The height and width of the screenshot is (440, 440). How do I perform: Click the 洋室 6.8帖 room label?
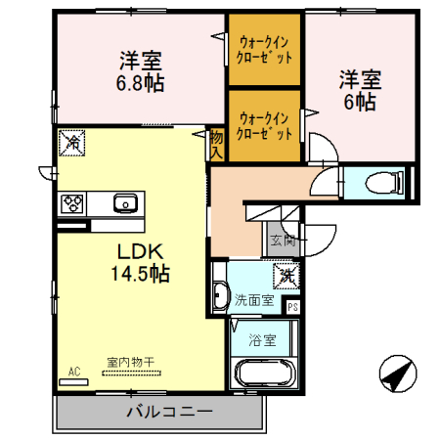click(141, 70)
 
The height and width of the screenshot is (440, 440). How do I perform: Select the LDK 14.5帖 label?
click(140, 262)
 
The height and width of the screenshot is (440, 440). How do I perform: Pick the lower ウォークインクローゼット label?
click(264, 123)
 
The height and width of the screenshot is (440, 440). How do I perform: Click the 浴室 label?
click(261, 341)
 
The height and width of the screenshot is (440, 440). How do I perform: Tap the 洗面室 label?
click(255, 300)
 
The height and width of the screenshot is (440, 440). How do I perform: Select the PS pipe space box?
click(291, 306)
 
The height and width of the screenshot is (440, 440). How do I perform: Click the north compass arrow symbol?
click(394, 375)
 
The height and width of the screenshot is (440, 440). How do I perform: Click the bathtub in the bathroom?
click(261, 375)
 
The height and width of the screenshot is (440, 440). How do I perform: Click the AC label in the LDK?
click(73, 371)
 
